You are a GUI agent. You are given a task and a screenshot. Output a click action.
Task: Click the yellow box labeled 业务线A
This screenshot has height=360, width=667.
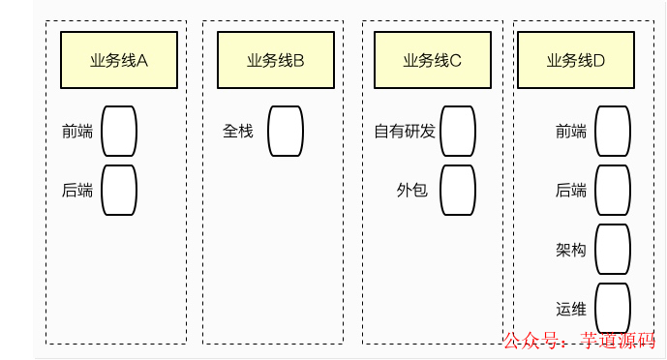[x=118, y=60]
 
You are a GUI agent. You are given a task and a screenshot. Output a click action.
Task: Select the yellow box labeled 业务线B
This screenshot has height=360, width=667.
[x=275, y=60]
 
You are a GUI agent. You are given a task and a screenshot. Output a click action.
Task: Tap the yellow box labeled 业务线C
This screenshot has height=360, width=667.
[x=432, y=60]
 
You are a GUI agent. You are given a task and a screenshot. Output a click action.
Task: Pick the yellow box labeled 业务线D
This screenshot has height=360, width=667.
[x=576, y=60]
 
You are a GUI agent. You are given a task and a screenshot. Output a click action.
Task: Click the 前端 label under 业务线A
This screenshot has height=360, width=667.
[x=77, y=131]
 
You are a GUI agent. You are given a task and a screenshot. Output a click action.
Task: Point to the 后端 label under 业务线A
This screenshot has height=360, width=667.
[x=77, y=190]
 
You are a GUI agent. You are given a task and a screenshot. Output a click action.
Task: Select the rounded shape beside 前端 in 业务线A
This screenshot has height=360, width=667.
[x=119, y=131]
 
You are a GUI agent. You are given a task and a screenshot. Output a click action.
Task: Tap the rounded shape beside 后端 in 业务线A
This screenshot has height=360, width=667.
[x=119, y=190]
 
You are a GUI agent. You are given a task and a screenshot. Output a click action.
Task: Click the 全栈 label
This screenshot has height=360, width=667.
[x=238, y=131]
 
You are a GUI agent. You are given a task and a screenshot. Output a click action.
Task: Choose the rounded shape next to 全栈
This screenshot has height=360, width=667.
[x=286, y=131]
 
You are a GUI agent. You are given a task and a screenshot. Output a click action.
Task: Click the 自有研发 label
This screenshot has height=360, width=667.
[x=405, y=131]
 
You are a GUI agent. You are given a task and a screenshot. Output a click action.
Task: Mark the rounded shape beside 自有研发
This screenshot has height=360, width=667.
[x=458, y=131]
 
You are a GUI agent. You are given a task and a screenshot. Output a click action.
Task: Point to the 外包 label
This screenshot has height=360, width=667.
[x=412, y=190]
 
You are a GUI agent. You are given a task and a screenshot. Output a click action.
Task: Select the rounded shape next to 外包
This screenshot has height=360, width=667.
[x=458, y=190]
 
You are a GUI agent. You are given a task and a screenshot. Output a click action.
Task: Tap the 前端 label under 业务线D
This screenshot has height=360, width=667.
[x=571, y=131]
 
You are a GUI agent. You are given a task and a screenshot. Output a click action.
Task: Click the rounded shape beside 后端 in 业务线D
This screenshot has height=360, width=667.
[x=613, y=190]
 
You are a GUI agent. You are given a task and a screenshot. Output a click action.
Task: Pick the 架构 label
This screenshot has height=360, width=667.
[x=571, y=250]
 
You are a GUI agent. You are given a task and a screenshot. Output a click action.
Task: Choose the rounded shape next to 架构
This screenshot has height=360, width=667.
[x=613, y=250]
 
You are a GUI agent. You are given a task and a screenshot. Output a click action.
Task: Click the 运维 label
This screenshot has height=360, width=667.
[x=571, y=309]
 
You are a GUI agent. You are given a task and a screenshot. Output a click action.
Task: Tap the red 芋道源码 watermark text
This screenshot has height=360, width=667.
[x=618, y=341]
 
